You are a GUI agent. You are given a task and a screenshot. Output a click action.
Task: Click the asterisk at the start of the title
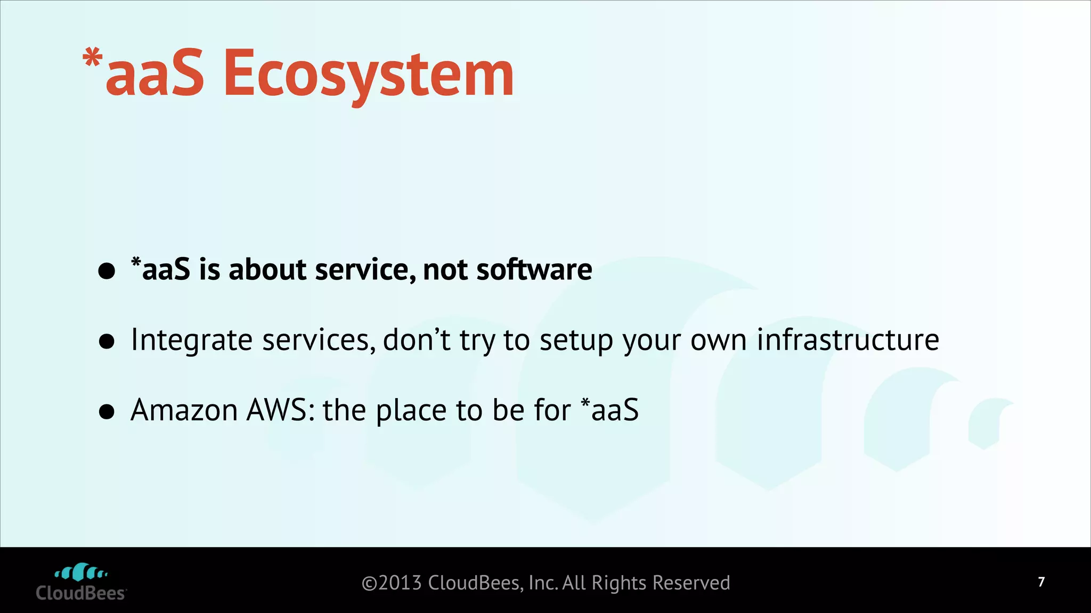tap(93, 57)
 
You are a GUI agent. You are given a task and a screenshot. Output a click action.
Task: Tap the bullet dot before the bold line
tap(107, 271)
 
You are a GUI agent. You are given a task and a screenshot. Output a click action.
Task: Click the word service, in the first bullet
tap(365, 269)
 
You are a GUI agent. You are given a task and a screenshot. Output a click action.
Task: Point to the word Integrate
tap(191, 341)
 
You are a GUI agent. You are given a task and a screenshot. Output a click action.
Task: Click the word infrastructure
tap(848, 339)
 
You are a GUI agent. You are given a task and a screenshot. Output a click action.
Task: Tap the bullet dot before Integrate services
tap(107, 342)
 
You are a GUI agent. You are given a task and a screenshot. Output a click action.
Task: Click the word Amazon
tap(184, 410)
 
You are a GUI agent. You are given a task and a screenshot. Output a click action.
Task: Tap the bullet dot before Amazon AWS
tap(107, 412)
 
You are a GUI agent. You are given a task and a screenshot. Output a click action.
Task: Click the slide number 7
tap(1041, 582)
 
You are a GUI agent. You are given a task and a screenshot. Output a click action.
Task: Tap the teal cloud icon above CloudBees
tap(81, 572)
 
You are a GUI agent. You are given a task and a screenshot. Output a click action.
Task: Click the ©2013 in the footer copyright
tap(392, 583)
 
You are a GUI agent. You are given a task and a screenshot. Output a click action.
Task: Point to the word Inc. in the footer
tap(543, 583)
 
